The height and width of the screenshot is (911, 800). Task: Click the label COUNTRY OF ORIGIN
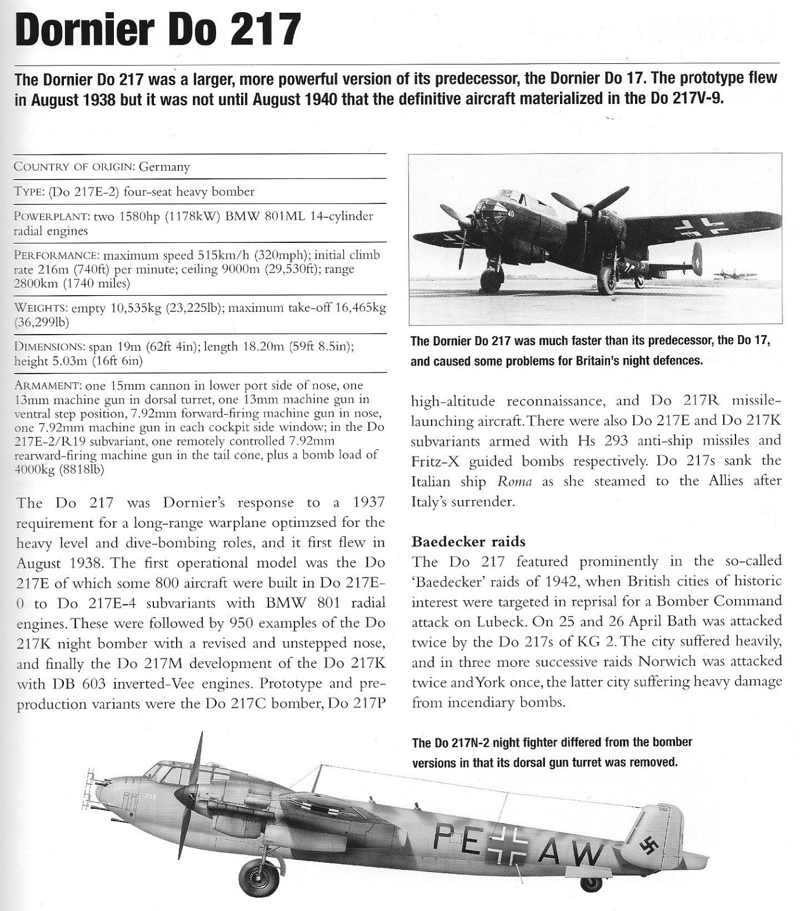[74, 167]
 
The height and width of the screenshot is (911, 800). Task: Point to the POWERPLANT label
[51, 217]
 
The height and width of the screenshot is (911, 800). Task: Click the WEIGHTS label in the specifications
[40, 307]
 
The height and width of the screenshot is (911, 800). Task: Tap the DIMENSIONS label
[49, 347]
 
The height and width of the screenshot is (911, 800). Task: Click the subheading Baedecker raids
[468, 541]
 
